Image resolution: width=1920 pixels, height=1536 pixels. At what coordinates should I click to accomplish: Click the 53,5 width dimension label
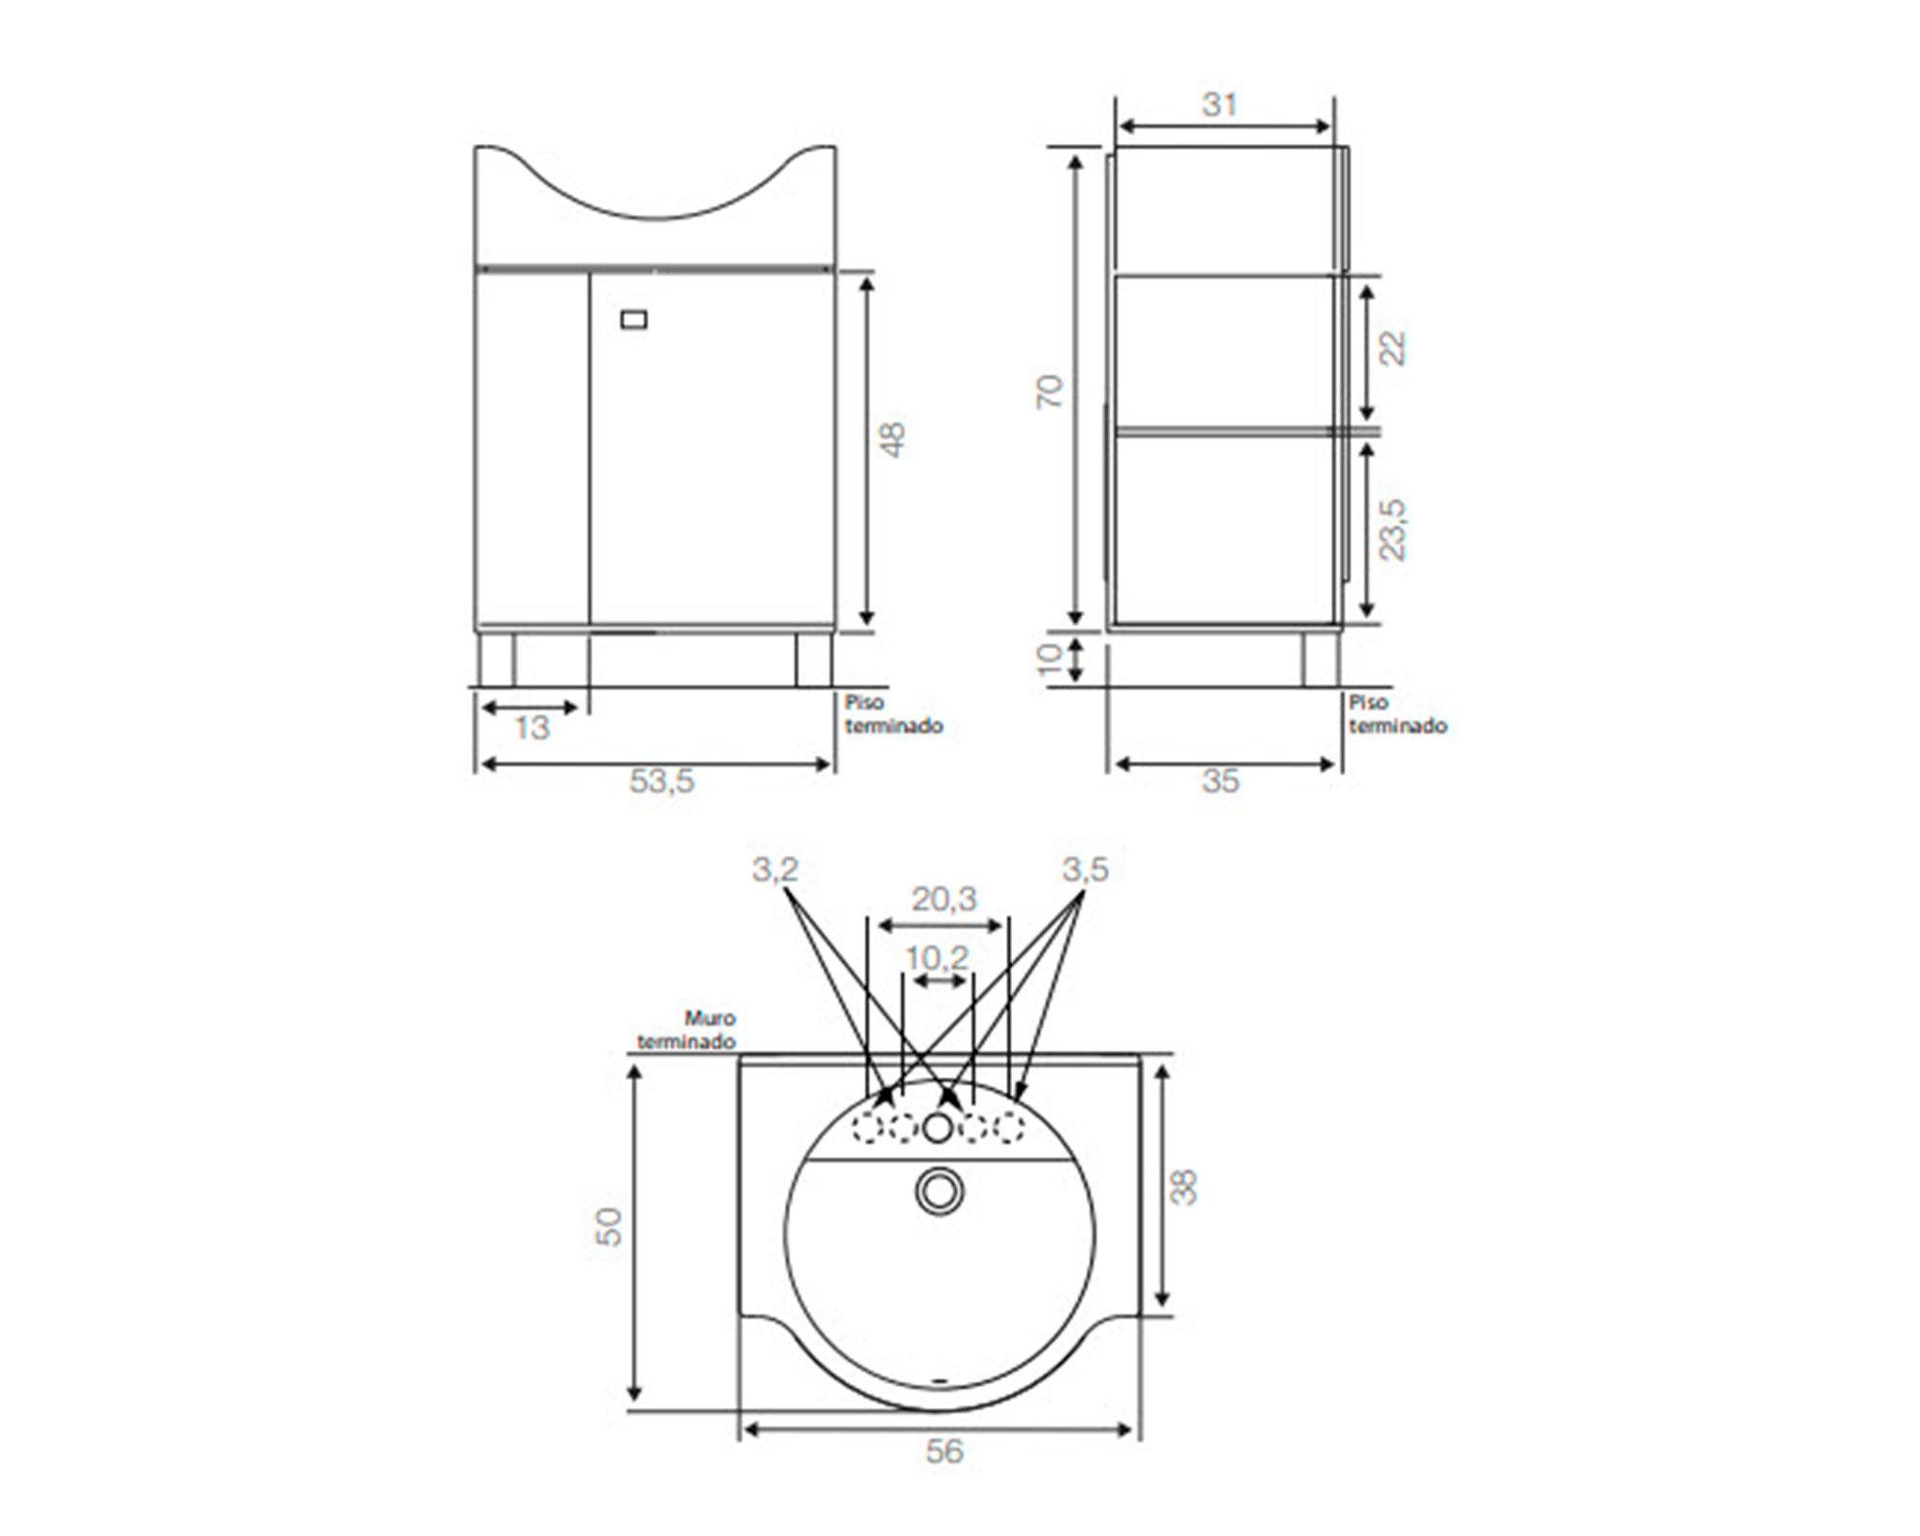point(660,781)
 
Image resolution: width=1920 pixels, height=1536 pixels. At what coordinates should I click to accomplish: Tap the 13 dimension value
point(532,729)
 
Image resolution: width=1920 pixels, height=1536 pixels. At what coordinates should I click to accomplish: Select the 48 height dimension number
point(893,440)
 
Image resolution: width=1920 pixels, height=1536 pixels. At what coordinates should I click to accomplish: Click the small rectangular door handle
point(634,320)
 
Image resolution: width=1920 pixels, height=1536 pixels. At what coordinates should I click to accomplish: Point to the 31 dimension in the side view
point(1220,105)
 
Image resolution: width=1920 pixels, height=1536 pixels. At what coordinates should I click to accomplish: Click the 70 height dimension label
point(1051,392)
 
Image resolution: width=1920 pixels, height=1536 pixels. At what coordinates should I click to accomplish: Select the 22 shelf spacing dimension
point(1393,348)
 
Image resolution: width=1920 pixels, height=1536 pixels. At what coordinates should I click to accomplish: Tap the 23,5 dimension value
point(1393,529)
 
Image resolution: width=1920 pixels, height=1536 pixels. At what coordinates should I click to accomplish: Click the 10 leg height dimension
point(1052,659)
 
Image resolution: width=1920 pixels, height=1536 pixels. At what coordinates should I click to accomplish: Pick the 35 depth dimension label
point(1220,781)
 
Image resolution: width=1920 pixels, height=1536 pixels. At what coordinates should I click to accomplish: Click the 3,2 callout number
point(775,870)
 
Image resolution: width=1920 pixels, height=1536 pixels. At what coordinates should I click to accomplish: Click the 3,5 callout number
point(1085,870)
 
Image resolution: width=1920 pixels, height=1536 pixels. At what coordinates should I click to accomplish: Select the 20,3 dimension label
point(944,900)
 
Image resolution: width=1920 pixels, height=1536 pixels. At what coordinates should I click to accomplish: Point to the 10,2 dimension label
point(937,957)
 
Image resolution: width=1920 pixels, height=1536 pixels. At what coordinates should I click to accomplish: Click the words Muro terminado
point(687,1030)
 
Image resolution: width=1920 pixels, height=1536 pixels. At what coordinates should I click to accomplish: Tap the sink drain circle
point(937,1191)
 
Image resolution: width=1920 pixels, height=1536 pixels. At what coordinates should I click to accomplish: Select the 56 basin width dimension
point(944,1451)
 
